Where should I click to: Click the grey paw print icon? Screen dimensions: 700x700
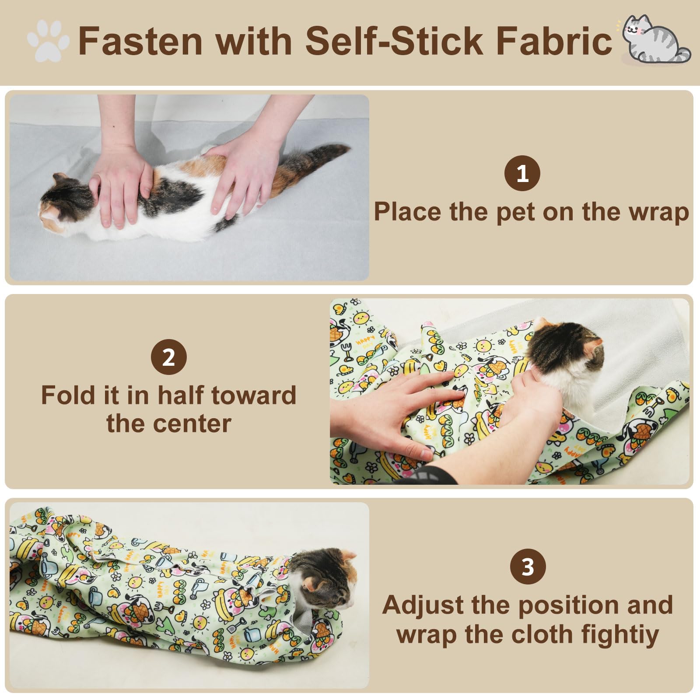click(x=48, y=41)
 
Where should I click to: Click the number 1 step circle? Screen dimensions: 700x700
click(x=522, y=174)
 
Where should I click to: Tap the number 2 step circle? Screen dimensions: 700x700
click(x=168, y=358)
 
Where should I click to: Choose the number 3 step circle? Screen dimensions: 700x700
click(x=528, y=567)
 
